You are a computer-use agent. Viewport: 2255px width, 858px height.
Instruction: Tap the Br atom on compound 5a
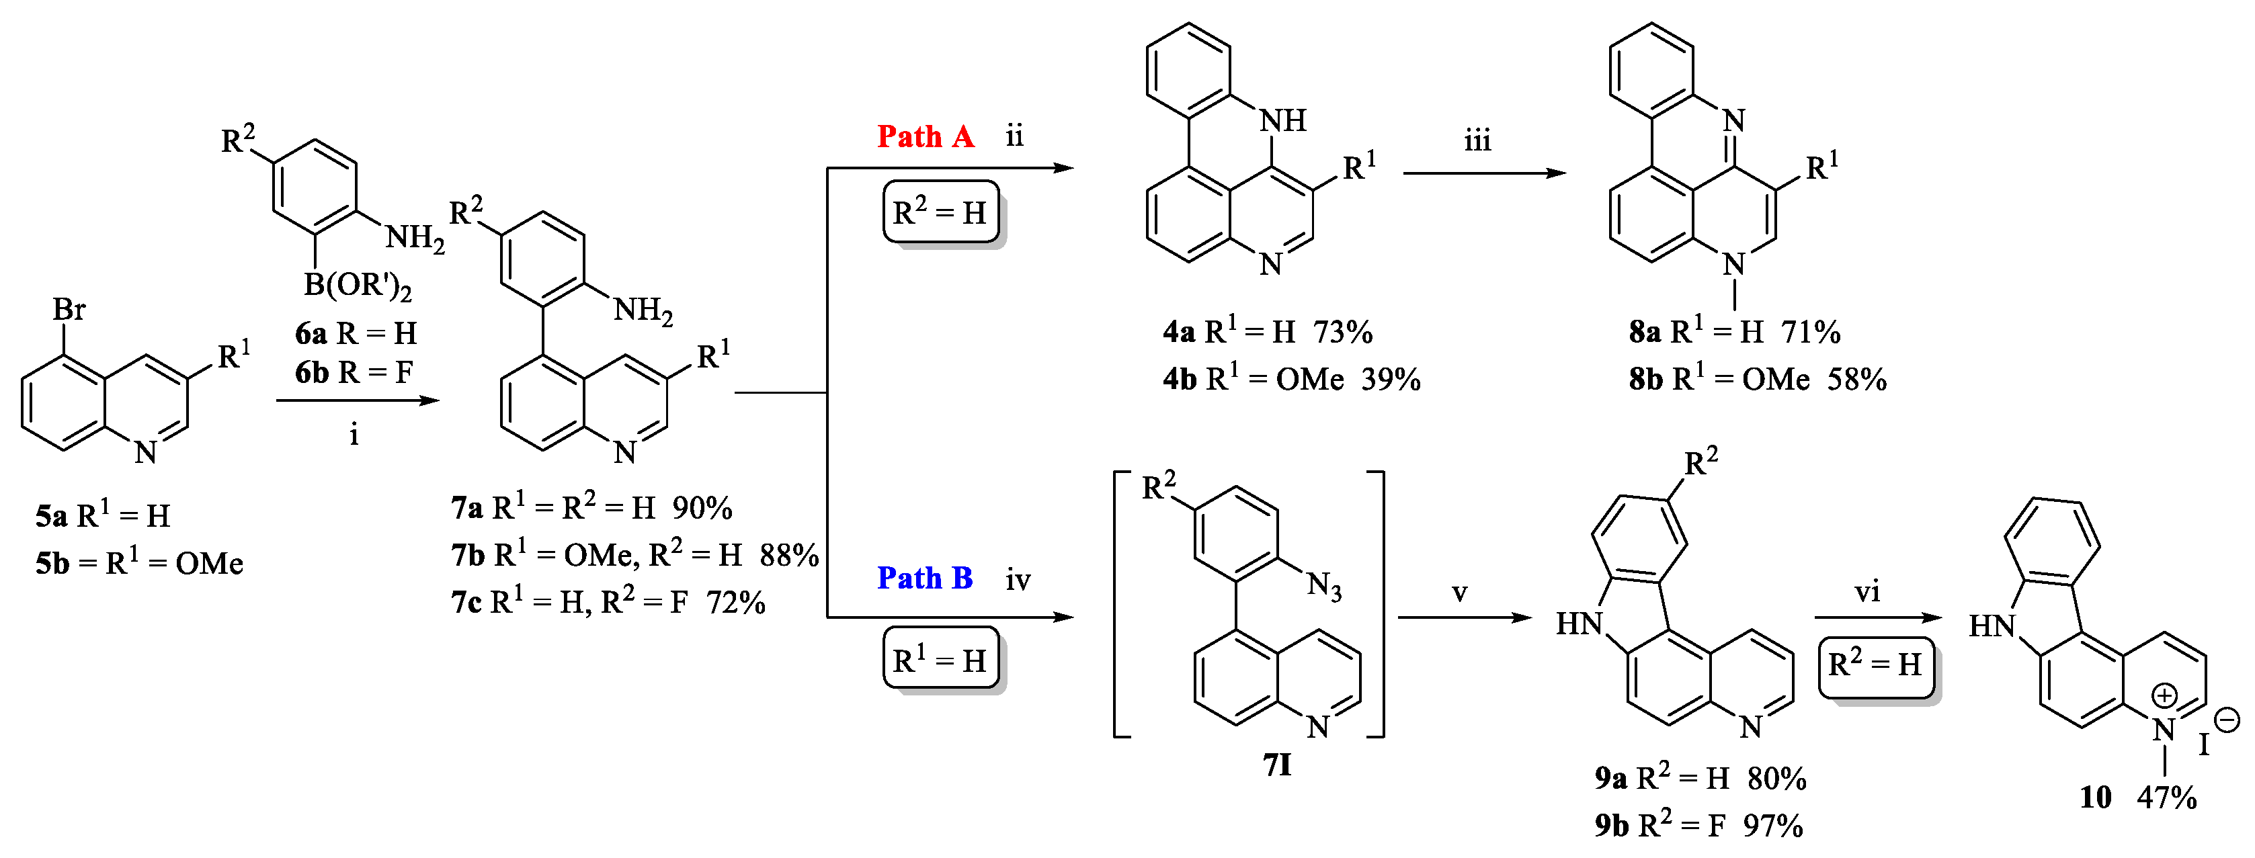(x=69, y=309)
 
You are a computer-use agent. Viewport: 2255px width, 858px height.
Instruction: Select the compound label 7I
(x=1277, y=766)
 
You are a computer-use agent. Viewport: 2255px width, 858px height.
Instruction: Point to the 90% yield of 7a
(x=702, y=508)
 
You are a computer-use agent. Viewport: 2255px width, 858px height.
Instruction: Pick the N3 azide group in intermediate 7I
(x=1325, y=586)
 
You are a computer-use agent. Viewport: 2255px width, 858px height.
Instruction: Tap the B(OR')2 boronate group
(x=357, y=286)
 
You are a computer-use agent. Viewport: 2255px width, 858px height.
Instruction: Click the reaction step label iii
(x=1477, y=142)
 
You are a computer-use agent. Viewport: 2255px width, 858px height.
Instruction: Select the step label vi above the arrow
(x=1867, y=593)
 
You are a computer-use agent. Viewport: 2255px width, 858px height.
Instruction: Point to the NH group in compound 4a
(x=1283, y=121)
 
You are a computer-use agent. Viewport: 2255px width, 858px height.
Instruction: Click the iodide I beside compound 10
(x=2204, y=745)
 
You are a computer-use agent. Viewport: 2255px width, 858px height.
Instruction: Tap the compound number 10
(x=2096, y=798)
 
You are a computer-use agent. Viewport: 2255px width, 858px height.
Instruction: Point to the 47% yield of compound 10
(x=2166, y=798)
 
